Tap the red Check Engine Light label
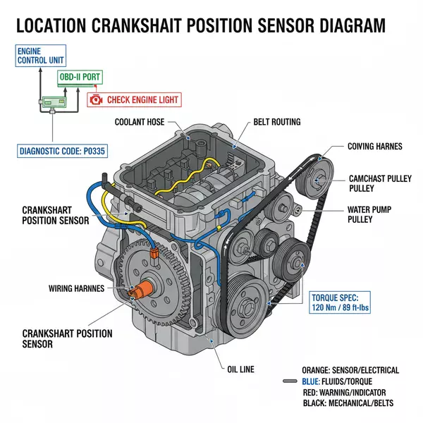133,99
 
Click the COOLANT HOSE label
142,122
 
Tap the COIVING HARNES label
374,147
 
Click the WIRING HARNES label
76,288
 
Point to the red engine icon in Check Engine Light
97,99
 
